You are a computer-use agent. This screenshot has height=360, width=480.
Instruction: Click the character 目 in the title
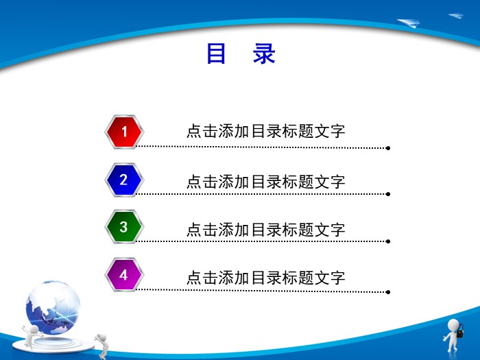tap(217, 54)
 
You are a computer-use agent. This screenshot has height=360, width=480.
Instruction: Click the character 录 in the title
tap(264, 54)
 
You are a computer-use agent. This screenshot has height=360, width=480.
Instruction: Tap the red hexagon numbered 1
tap(124, 131)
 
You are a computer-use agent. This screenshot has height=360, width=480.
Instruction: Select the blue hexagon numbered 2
tap(124, 180)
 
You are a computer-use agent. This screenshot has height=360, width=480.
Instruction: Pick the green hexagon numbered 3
tap(124, 227)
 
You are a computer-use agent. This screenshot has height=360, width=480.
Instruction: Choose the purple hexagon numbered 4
tap(124, 275)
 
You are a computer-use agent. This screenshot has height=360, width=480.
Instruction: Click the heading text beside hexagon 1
tap(265, 132)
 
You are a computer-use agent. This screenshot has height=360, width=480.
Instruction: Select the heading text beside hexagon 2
tap(265, 182)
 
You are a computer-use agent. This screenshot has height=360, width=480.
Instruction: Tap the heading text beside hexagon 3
tap(265, 230)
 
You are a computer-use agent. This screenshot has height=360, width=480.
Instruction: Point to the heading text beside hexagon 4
tap(265, 278)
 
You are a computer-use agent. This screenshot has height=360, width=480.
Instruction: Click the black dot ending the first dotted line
tap(388, 147)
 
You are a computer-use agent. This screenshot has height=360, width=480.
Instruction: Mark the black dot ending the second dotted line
tap(388, 194)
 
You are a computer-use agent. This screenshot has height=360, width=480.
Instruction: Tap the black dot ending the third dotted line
tap(388, 241)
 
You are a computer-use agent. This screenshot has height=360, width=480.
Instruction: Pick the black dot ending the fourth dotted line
tap(388, 291)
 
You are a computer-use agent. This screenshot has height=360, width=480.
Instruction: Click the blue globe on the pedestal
tap(53, 304)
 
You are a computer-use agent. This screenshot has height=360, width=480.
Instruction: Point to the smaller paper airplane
tap(456, 16)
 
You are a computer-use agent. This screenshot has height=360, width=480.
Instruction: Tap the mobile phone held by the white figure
tap(461, 333)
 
